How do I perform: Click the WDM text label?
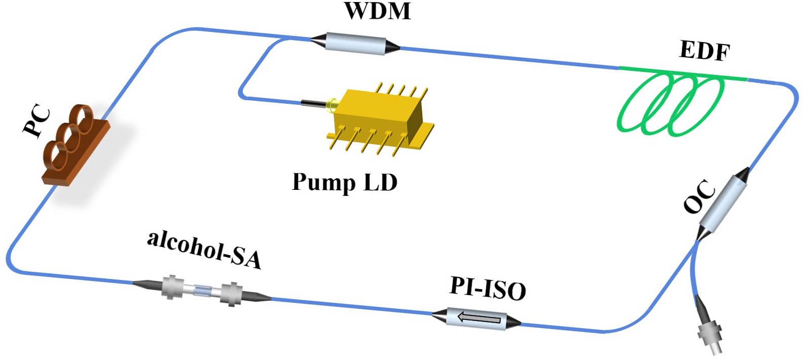[377, 12]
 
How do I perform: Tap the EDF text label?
[704, 51]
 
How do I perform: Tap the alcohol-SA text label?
[204, 249]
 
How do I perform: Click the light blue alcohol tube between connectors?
[202, 291]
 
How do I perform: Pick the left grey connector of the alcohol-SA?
[172, 287]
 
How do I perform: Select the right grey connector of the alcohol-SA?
[232, 294]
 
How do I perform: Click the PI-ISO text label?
[487, 288]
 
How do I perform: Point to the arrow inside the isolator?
[479, 318]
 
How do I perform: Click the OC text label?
[700, 197]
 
